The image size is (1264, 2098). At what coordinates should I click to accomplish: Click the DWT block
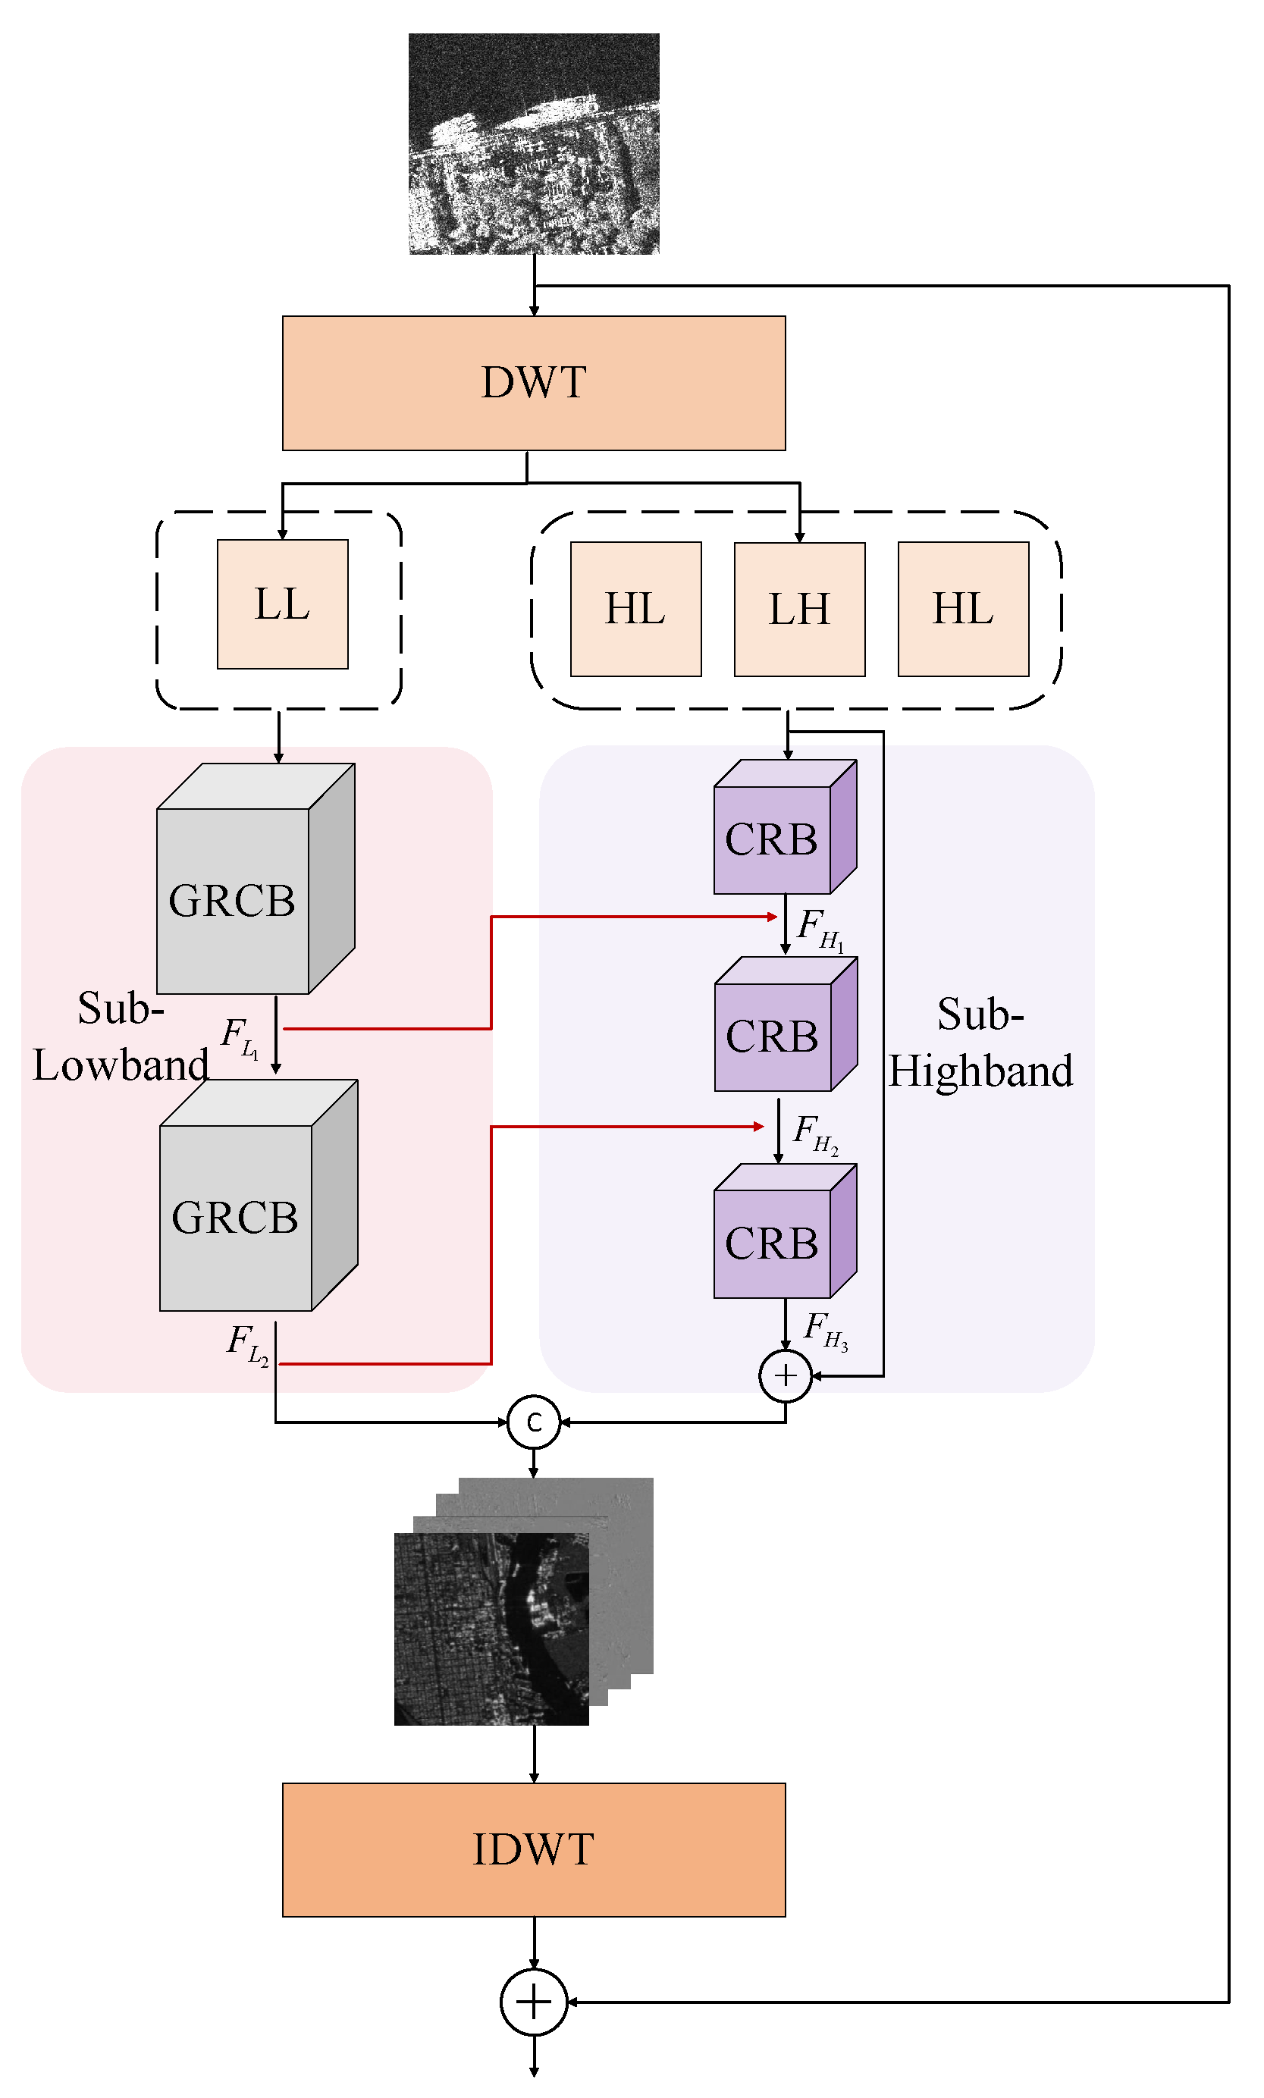click(534, 383)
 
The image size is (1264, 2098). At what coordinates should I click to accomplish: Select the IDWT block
click(534, 1850)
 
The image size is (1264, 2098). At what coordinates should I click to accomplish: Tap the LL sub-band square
click(282, 604)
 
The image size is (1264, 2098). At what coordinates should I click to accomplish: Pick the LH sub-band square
click(799, 610)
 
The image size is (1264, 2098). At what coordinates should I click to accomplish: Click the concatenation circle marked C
click(533, 1422)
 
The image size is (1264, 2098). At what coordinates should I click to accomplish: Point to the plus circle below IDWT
click(533, 2002)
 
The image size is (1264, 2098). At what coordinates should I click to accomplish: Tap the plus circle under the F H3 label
click(785, 1375)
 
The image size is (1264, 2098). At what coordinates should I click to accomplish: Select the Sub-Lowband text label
click(119, 1037)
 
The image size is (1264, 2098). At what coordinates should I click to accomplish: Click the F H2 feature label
click(815, 1134)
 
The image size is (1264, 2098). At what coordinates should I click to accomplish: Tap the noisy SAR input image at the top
click(534, 143)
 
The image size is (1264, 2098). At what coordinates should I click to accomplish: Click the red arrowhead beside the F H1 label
click(772, 917)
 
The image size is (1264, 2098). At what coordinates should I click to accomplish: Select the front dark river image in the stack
click(491, 1629)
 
